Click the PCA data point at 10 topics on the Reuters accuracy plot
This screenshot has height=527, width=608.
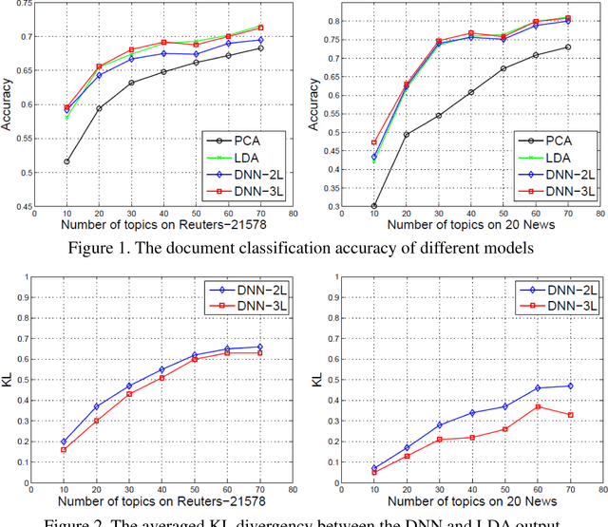click(66, 161)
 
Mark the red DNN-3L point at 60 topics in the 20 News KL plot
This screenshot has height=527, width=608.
click(537, 406)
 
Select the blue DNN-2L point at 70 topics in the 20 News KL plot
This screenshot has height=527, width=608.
click(569, 386)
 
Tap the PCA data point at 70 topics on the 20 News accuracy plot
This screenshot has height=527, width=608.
click(568, 47)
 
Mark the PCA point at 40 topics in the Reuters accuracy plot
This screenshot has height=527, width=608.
click(163, 72)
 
